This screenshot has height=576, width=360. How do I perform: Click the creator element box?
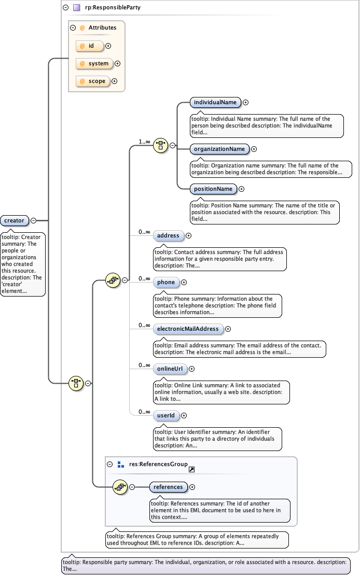point(14,220)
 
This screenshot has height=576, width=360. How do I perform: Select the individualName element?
point(215,102)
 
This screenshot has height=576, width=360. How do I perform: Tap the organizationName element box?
point(219,149)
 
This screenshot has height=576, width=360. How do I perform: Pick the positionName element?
point(213,189)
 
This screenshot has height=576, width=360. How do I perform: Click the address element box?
point(168,235)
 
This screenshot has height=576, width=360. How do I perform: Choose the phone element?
point(166,282)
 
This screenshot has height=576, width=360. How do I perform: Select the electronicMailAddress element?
point(188,329)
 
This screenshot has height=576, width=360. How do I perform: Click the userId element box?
point(166,415)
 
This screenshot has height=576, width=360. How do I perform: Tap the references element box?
point(168,487)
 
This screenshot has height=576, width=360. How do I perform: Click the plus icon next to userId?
point(184,415)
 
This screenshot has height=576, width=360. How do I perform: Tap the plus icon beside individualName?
point(246,103)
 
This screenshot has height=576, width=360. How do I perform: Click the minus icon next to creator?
point(33,220)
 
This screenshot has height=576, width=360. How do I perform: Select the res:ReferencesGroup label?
point(158,464)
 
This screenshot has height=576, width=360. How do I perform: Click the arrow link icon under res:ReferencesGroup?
point(191,469)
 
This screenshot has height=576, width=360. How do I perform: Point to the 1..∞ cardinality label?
point(144,141)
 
